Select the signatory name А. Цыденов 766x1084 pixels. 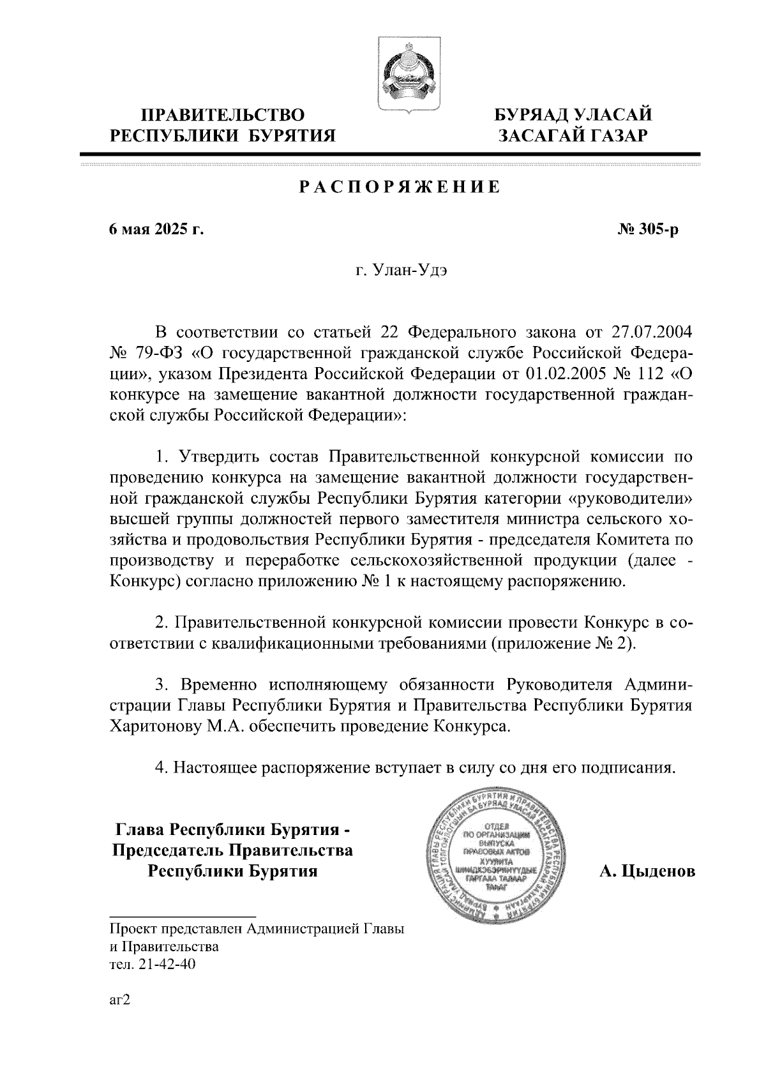click(x=647, y=871)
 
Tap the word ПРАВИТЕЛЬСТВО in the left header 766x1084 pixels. click(x=222, y=116)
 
